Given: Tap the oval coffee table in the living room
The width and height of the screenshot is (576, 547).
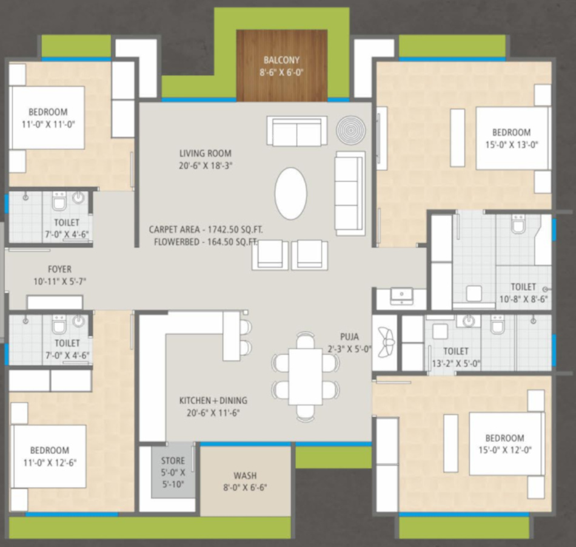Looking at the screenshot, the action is click(291, 194).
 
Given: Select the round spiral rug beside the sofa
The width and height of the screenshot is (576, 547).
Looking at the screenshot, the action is click(351, 131).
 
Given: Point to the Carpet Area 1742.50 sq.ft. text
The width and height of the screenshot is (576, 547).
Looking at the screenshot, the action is click(206, 229).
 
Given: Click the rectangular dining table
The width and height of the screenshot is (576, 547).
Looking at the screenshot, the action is click(306, 376).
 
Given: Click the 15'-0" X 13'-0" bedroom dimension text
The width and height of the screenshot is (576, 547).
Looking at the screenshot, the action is click(512, 145).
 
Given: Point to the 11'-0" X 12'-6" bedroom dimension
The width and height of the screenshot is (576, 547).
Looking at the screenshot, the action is click(50, 463).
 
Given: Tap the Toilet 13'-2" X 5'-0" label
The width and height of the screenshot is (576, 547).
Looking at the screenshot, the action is click(456, 357).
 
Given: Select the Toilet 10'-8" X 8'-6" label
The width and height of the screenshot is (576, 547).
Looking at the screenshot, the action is click(523, 293).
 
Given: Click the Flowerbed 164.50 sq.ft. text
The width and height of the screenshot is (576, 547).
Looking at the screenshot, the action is click(206, 242).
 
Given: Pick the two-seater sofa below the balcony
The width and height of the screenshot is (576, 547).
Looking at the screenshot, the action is click(297, 131).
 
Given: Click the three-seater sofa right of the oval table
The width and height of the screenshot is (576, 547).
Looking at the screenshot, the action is click(350, 194).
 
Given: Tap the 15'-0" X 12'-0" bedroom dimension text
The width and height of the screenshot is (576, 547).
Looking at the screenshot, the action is click(504, 450).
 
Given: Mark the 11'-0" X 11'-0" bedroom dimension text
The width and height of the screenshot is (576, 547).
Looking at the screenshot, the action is click(48, 124).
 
